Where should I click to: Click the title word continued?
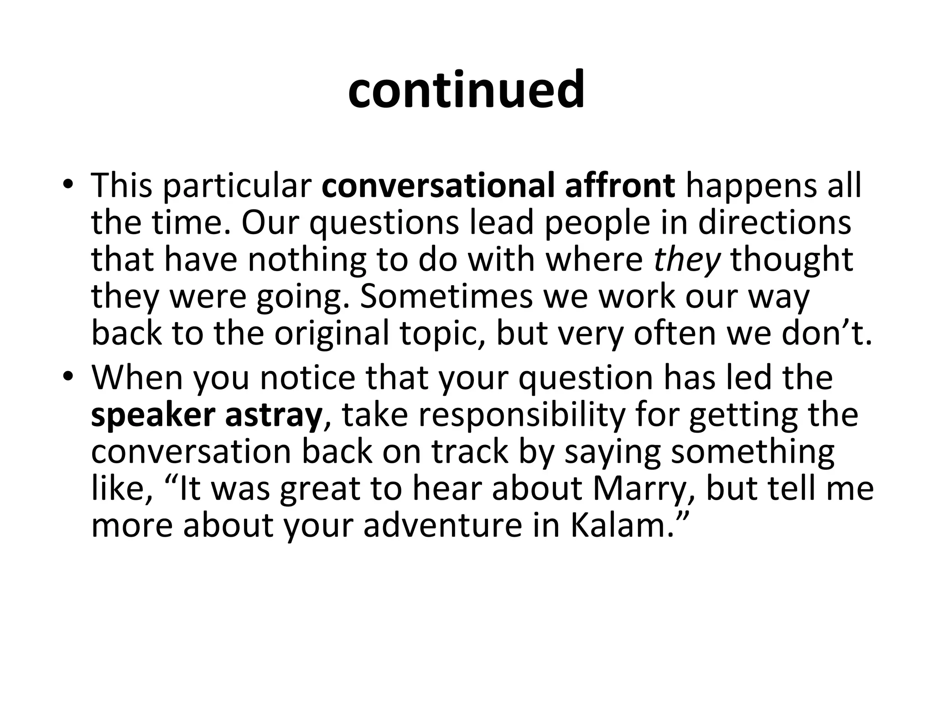click(x=466, y=90)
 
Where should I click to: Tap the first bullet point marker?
click(x=68, y=185)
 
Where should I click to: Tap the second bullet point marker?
click(x=68, y=377)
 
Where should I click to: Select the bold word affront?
click(x=620, y=186)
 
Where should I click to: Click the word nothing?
click(x=307, y=260)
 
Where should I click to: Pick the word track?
click(x=470, y=452)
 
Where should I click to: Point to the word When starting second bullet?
click(x=137, y=378)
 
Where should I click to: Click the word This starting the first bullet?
click(x=121, y=186)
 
